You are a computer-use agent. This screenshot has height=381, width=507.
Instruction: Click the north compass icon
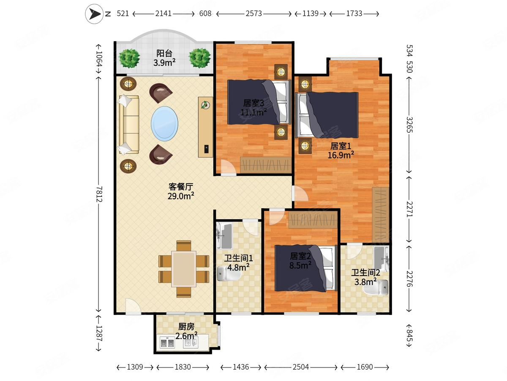94,14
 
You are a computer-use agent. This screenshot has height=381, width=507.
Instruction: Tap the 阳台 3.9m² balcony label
164,58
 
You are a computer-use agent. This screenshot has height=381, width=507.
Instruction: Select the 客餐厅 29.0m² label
181,191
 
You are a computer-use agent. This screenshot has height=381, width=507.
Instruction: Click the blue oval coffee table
164,123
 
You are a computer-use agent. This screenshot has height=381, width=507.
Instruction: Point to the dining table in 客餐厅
183,269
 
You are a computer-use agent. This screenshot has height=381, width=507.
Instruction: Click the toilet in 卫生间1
228,274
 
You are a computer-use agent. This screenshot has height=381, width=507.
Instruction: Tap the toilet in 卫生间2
381,289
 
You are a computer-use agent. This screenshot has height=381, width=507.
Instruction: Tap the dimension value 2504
301,367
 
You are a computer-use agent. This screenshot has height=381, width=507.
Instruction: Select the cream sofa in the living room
128,124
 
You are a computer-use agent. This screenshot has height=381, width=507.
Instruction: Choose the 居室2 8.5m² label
300,260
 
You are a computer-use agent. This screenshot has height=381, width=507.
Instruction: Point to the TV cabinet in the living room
206,127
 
